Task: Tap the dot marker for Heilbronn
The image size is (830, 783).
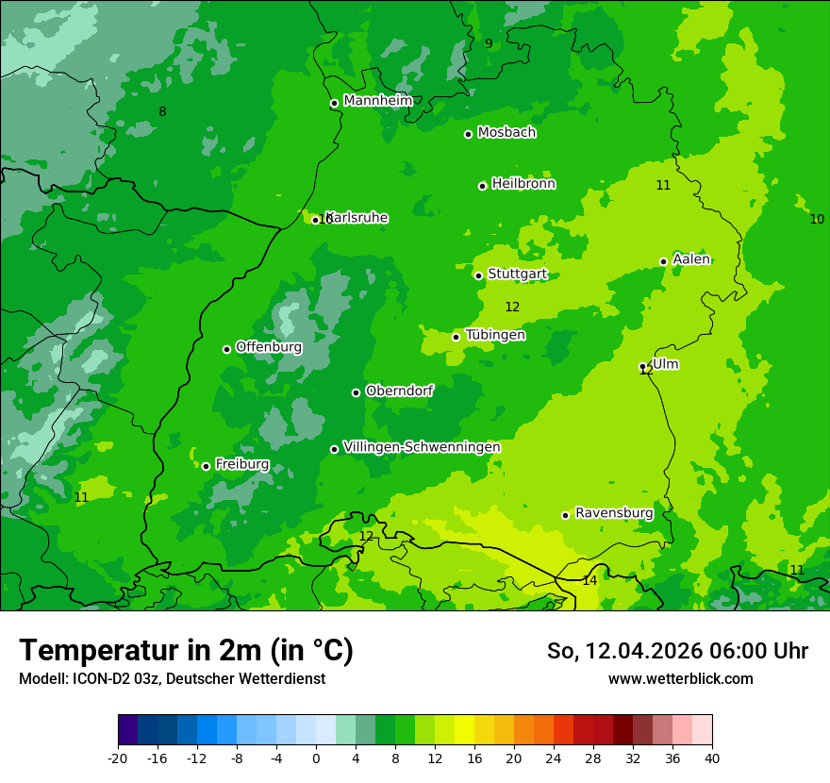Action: tap(482, 186)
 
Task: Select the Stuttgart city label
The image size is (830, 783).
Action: tap(517, 274)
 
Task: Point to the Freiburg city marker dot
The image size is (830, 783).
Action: tap(206, 466)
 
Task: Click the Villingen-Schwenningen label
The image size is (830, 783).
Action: tap(422, 446)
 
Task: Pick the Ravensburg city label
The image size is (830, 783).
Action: tap(614, 512)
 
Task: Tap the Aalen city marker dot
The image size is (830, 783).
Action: tap(663, 261)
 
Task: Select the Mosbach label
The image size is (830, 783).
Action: tap(506, 132)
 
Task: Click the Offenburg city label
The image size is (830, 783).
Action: tap(269, 346)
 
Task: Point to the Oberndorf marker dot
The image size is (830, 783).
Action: tap(356, 392)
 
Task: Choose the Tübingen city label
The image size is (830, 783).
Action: tap(495, 335)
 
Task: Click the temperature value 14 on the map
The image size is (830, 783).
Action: tap(589, 580)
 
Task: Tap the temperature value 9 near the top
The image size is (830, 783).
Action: tap(489, 43)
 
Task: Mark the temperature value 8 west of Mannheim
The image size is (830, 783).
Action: tap(162, 112)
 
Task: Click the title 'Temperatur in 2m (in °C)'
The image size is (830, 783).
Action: tap(186, 650)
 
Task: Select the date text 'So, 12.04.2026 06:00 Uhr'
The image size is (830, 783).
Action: tap(677, 651)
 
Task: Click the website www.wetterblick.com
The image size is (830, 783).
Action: tap(680, 679)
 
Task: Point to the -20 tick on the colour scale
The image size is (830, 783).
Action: tap(118, 758)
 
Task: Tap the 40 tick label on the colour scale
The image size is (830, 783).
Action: tap(712, 758)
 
